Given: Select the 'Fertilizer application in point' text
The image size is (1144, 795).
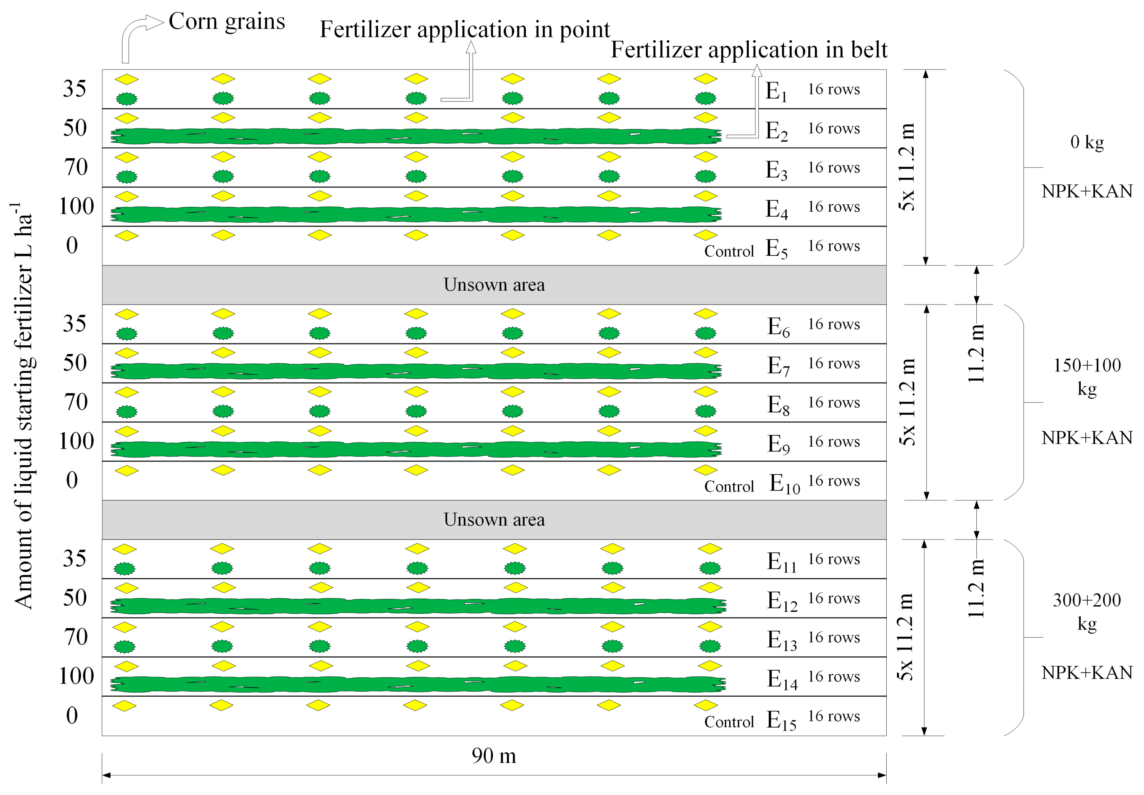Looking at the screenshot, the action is coord(464,29).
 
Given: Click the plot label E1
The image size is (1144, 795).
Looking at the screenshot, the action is coord(776,92).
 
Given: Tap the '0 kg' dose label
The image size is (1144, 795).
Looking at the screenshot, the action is coord(1087,142).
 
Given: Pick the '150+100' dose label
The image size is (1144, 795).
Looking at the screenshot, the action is coord(1087,366).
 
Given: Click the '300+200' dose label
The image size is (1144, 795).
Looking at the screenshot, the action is coord(1087,600).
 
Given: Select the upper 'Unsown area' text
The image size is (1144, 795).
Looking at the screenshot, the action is coord(494,285).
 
